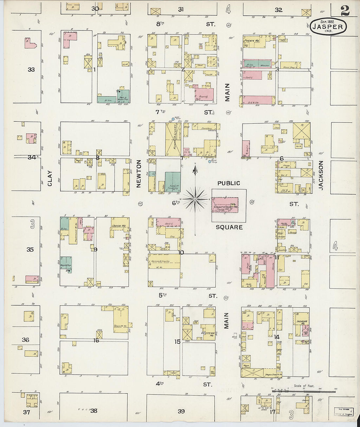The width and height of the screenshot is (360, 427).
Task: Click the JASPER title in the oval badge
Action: (328, 27)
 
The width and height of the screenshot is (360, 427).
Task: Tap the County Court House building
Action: (225, 205)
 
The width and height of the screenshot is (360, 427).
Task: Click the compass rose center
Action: (195, 199)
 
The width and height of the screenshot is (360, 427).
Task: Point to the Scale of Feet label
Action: (304, 386)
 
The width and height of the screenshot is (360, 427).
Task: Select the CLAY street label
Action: (50, 178)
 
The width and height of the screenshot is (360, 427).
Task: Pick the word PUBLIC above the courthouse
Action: (229, 183)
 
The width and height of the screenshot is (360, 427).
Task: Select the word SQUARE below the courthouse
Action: (229, 227)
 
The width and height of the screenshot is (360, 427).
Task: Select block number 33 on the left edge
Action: (31, 69)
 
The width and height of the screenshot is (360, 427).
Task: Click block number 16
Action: (96, 340)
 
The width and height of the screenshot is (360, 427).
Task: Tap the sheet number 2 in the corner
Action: (345, 11)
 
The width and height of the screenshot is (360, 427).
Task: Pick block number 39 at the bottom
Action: (181, 411)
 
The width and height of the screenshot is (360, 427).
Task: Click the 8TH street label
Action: (160, 24)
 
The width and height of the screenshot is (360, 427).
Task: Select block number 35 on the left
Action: (30, 250)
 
